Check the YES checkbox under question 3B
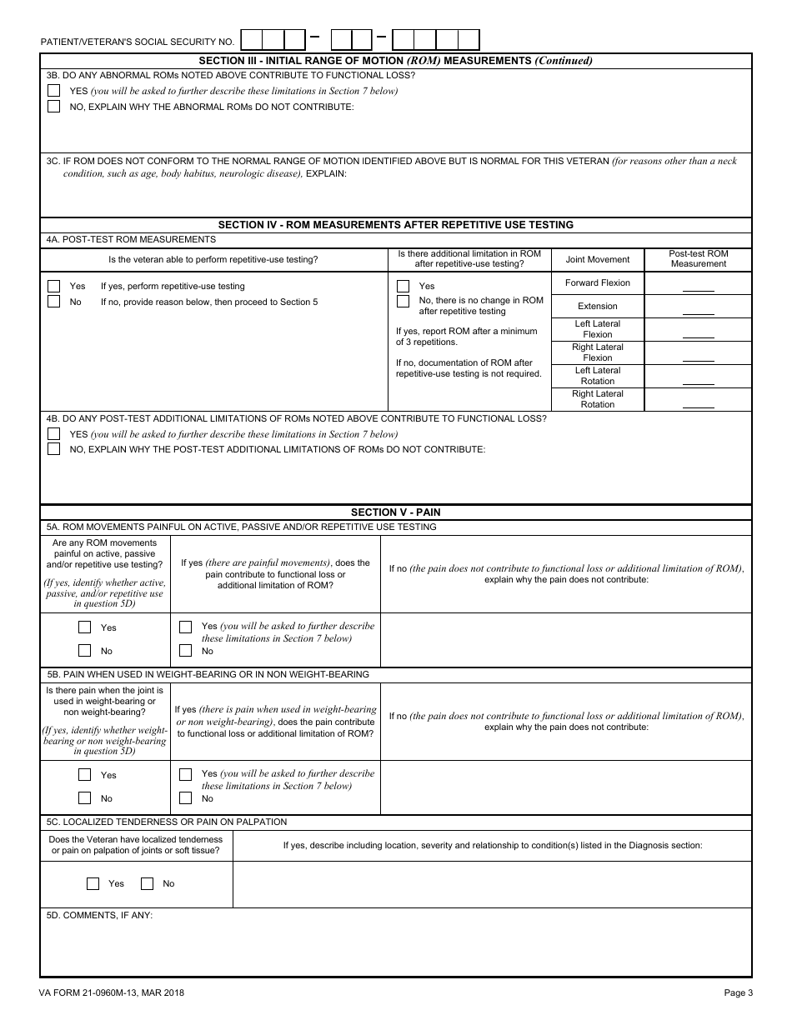[x=54, y=91]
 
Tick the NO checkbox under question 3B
[x=54, y=107]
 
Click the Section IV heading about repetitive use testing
[x=395, y=225]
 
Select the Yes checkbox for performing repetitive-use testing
[x=54, y=286]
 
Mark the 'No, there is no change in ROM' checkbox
[x=404, y=301]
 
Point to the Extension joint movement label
[x=598, y=306]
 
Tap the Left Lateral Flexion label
[x=598, y=329]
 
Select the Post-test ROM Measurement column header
[x=698, y=259]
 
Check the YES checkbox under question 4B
[x=54, y=434]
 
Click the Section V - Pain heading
[x=395, y=512]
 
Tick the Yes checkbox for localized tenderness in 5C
[x=93, y=883]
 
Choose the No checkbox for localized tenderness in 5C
[x=148, y=883]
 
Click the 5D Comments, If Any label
[x=100, y=915]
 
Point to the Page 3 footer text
[x=738, y=992]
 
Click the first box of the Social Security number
[x=251, y=40]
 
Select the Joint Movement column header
[x=598, y=259]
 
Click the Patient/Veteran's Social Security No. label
[x=138, y=42]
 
